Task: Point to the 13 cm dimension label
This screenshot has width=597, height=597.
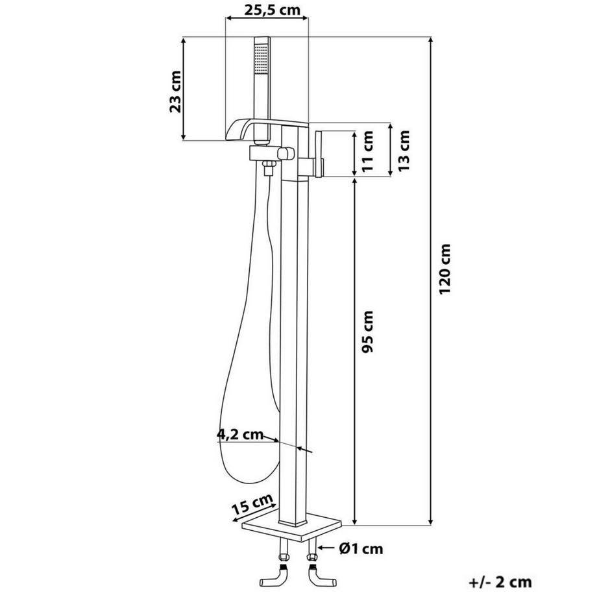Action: pos(404,150)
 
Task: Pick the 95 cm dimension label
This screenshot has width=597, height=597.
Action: pos(367,332)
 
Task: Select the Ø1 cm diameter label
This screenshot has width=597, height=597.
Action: pos(361,549)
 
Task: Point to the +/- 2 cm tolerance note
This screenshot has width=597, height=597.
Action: pos(504,582)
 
